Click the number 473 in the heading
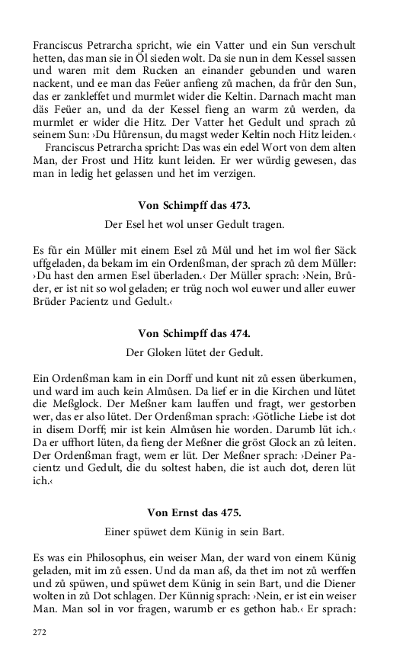coord(239,206)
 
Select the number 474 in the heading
coord(239,333)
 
